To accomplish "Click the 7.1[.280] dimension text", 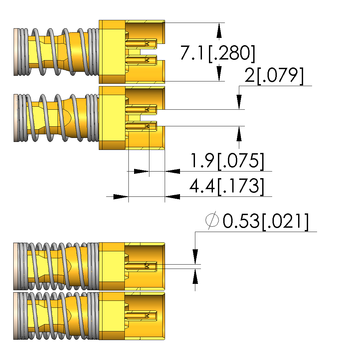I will coord(218,53).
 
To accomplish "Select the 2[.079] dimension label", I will coord(274,76).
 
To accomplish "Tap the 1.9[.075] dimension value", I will coord(227,161).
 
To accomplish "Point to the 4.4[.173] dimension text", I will coord(227,186).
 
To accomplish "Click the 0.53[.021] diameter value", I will coord(266,221).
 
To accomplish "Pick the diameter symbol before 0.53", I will coord(212,220).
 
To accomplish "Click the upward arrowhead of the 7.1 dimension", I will coord(219,31).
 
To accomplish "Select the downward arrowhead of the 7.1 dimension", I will coord(219,73).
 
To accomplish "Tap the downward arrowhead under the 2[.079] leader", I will coord(239,102).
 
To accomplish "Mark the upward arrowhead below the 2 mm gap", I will coord(239,134).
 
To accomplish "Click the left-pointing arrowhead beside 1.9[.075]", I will coord(173,172).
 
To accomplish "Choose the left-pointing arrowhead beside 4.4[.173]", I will coord(173,196).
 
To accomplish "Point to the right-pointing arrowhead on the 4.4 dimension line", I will coord(120,196).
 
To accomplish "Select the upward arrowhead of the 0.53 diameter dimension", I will coord(195,277).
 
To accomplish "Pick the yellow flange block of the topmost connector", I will coord(112,52).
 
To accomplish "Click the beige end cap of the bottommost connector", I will coord(15,316).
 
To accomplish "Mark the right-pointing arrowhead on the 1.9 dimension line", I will coord(141,172).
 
